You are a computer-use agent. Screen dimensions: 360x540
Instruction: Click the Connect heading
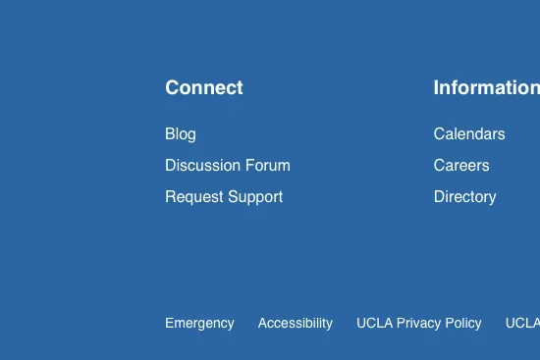tap(203, 87)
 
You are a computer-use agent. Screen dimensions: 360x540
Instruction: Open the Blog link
tap(180, 134)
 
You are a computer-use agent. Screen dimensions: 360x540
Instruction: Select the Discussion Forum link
tap(227, 166)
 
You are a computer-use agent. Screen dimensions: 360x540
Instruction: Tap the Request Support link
tap(223, 197)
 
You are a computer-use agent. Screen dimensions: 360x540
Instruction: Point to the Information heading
tap(486, 87)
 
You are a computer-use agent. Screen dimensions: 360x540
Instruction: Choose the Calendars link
tap(468, 134)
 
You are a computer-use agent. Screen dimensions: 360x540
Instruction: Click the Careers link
tap(460, 166)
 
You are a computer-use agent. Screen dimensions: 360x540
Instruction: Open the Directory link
tap(464, 197)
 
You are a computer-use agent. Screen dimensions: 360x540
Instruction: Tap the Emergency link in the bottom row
tap(199, 323)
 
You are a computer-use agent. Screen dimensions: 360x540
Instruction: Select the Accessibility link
tap(295, 323)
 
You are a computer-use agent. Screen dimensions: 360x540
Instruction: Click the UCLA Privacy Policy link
tap(418, 323)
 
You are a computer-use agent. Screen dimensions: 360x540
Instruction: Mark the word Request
tap(193, 197)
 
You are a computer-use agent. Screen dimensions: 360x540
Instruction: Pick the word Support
tap(254, 197)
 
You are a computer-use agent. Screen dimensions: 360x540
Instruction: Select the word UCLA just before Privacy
tap(374, 323)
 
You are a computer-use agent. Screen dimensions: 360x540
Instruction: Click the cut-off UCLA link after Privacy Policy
tap(522, 323)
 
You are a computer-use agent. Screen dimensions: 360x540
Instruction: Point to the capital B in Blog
tap(170, 134)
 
